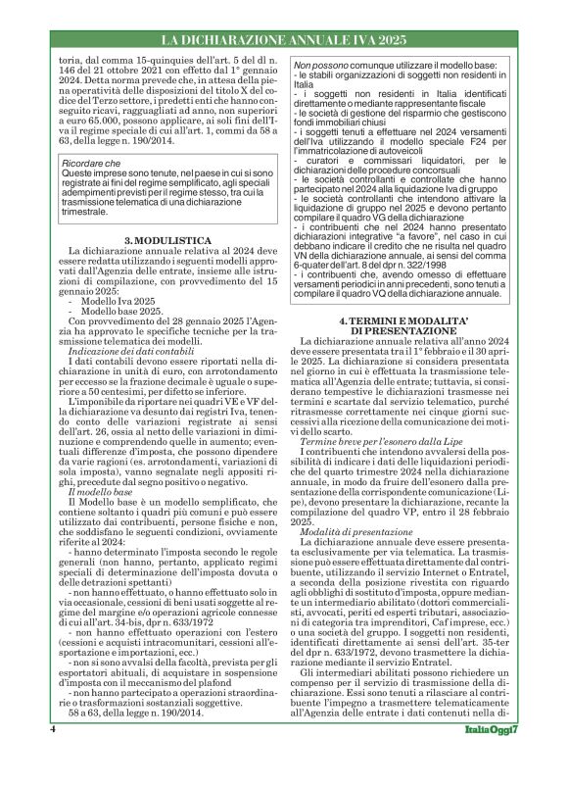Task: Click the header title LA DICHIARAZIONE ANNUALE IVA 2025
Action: click(x=283, y=40)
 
